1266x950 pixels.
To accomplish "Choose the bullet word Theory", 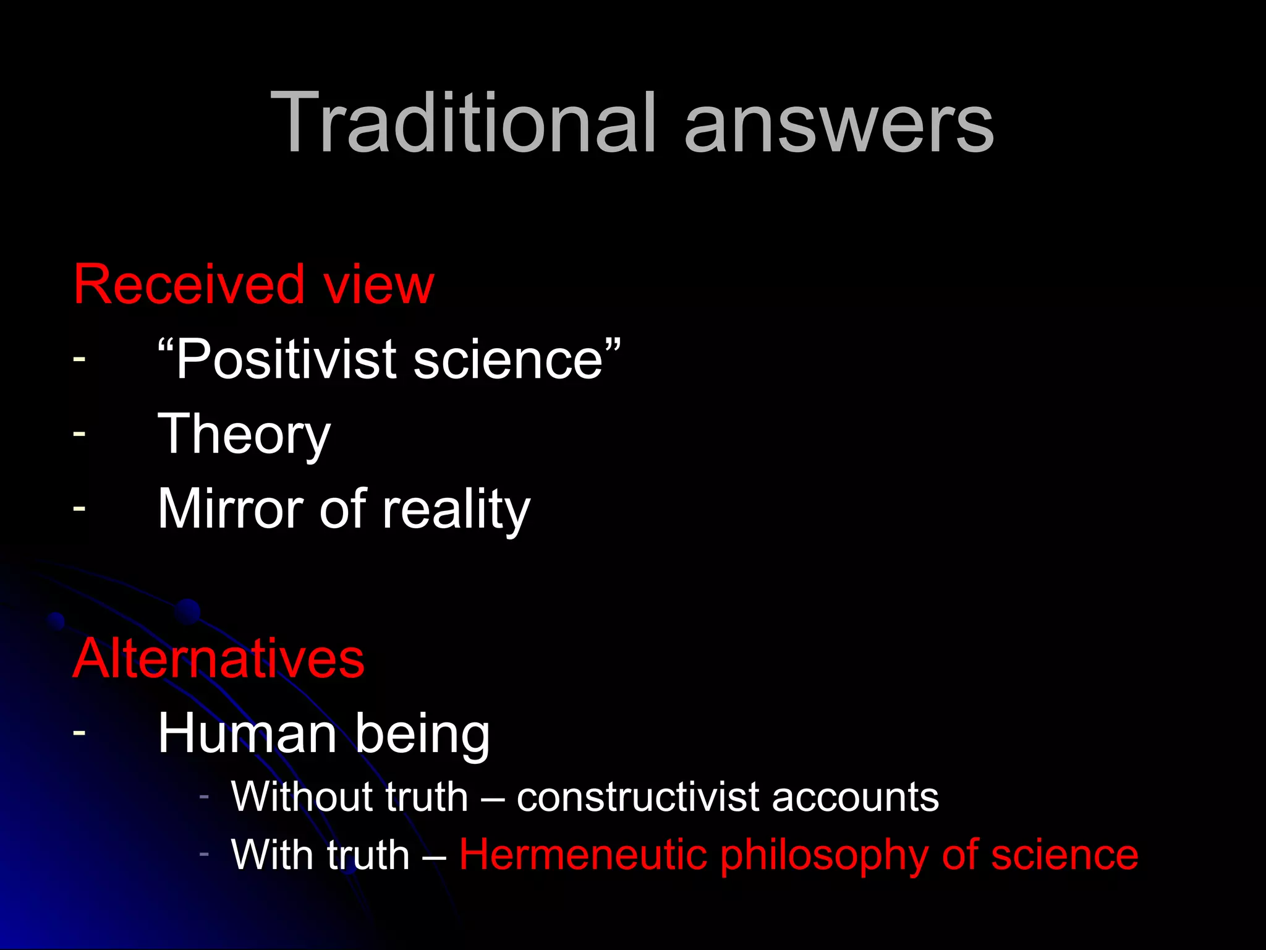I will [x=244, y=435].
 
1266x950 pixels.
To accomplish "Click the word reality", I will [x=456, y=510].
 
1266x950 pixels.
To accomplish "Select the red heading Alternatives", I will [x=219, y=659].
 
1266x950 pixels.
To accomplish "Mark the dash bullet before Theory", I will [x=79, y=434].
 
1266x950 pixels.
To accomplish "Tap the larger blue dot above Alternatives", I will [x=187, y=612].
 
